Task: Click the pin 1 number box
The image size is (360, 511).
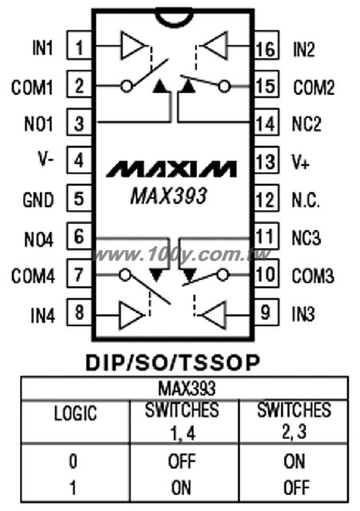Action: (79, 45)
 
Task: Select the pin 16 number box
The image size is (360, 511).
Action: (267, 45)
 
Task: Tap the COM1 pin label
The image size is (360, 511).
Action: (32, 88)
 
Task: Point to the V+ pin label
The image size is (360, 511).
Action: (300, 162)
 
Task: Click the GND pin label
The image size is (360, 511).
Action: (38, 200)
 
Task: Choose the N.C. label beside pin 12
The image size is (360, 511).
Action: (305, 200)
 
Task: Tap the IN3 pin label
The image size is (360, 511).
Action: (303, 314)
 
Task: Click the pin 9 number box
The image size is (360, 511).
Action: (267, 311)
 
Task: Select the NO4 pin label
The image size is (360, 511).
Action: (38, 240)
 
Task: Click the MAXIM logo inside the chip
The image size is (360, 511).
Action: (172, 168)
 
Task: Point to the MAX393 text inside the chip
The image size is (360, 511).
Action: (168, 196)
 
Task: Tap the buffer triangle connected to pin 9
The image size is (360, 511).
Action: (214, 315)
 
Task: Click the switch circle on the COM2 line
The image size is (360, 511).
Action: (224, 87)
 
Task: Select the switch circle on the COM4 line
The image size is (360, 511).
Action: (125, 275)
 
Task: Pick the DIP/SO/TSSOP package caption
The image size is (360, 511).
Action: (172, 362)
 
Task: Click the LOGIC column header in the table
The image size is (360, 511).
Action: (75, 414)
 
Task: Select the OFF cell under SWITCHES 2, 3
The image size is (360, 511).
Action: (295, 488)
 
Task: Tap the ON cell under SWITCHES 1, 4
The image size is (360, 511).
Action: (181, 488)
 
